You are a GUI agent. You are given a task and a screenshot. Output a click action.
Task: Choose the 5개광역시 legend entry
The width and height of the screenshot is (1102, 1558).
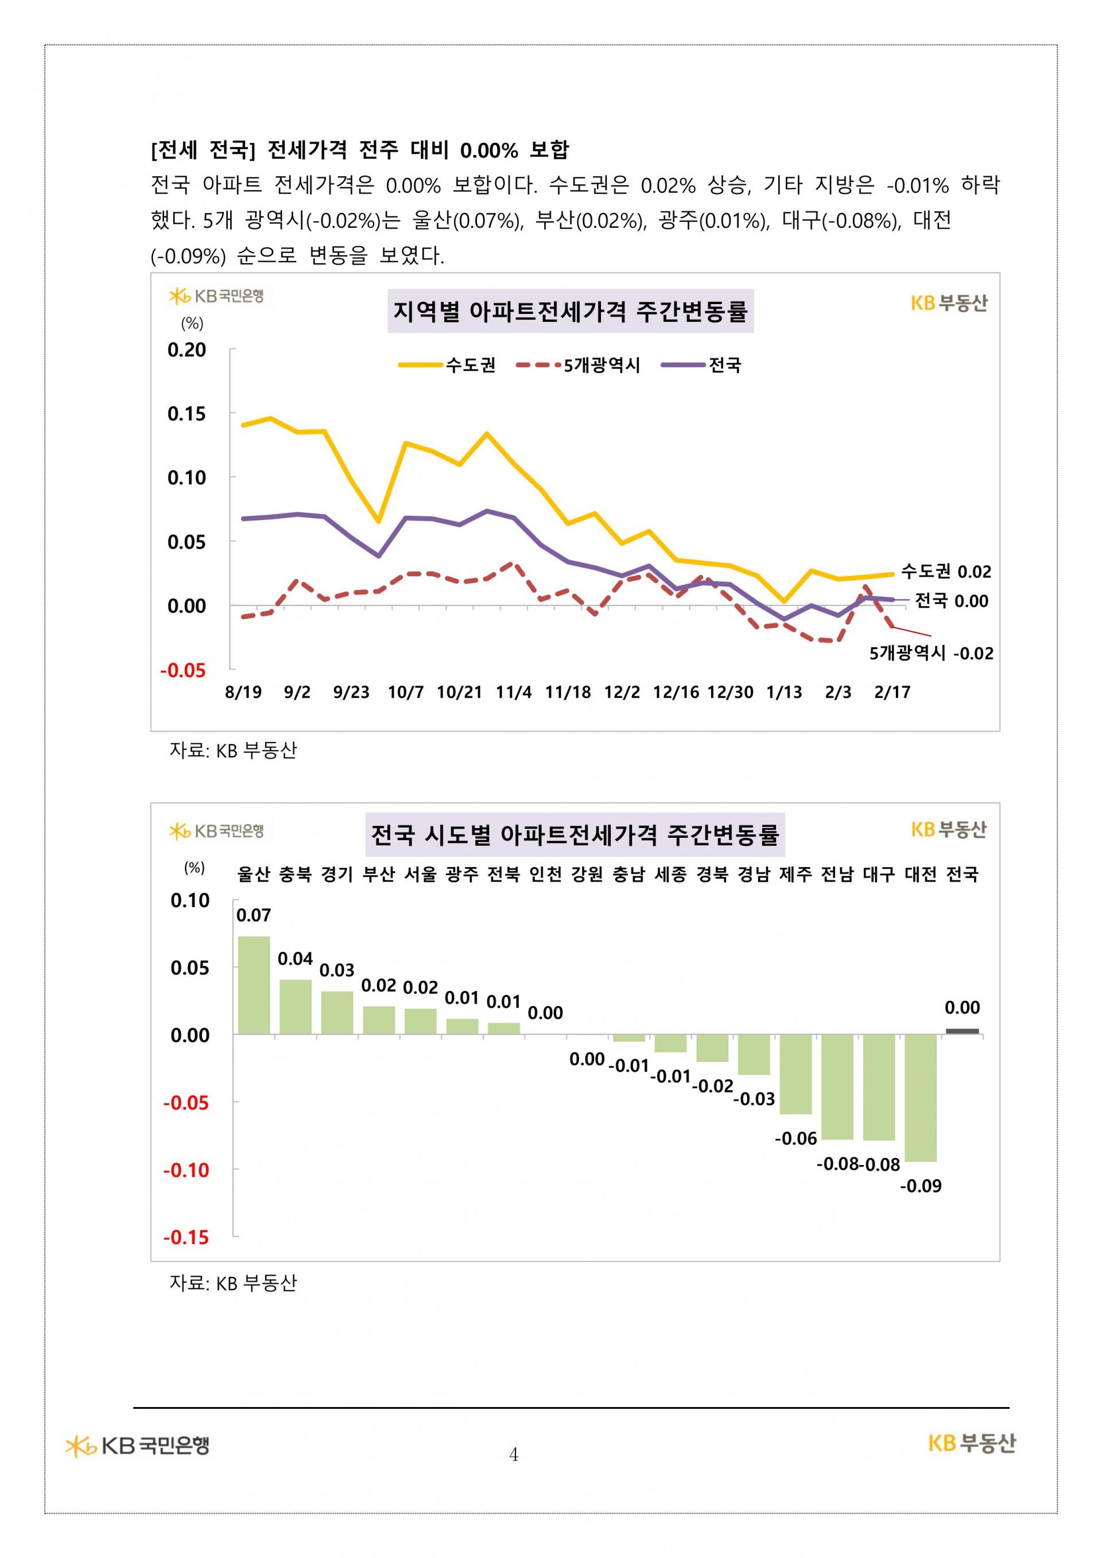[578, 365]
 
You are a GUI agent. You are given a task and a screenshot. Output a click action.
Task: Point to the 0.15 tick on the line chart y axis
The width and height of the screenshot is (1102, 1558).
[187, 413]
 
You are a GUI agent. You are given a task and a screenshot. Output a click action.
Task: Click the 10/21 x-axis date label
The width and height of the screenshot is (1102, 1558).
[459, 692]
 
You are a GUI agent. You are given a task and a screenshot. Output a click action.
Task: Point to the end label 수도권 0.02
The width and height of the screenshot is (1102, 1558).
[946, 572]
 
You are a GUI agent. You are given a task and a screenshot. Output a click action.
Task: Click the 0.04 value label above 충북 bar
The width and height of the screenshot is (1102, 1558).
[295, 959]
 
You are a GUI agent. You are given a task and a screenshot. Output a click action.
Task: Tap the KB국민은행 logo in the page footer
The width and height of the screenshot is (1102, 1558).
[137, 1446]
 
